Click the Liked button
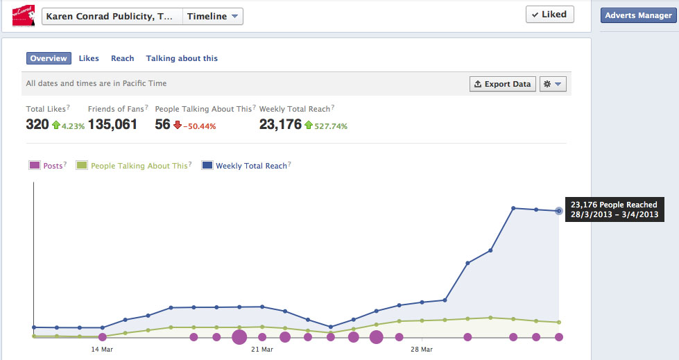pyautogui.click(x=549, y=15)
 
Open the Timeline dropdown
pyautogui.click(x=212, y=17)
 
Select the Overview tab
pyautogui.click(x=49, y=59)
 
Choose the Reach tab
pyautogui.click(x=123, y=59)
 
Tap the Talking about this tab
pyautogui.click(x=182, y=59)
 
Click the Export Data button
pyautogui.click(x=503, y=84)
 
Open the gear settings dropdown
pyautogui.click(x=554, y=84)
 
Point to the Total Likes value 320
pyautogui.click(x=37, y=124)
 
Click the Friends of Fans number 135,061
pyautogui.click(x=112, y=124)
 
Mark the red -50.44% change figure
pyautogui.click(x=200, y=126)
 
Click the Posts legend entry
pyautogui.click(x=47, y=166)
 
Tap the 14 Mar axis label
pyautogui.click(x=102, y=349)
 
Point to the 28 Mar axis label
pyautogui.click(x=422, y=349)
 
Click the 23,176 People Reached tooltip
pyautogui.click(x=614, y=209)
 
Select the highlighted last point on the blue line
pyautogui.click(x=559, y=211)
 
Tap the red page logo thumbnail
pyautogui.click(x=24, y=15)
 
